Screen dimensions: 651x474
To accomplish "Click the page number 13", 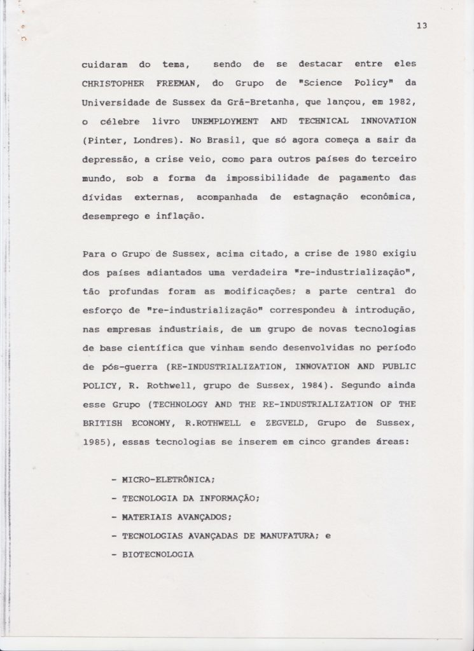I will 421,25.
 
